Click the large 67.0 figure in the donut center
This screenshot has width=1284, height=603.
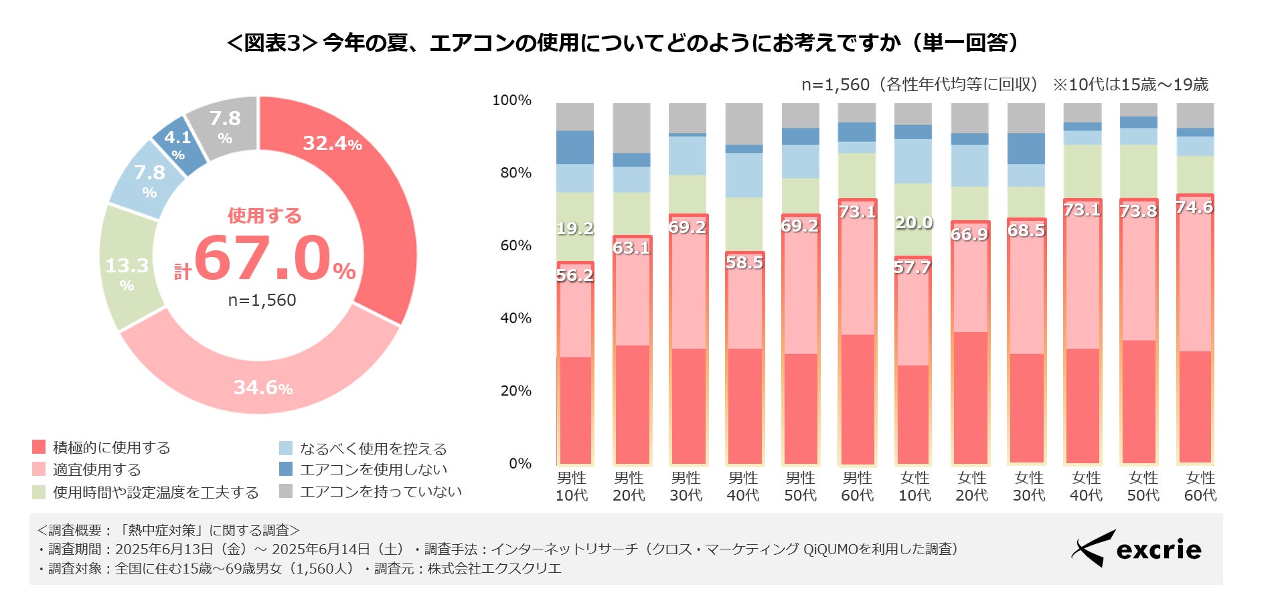262,258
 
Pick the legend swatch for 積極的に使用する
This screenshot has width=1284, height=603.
39,447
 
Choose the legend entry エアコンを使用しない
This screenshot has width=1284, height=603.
373,469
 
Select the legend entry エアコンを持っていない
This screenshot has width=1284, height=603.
380,492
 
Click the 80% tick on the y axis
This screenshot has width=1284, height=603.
515,173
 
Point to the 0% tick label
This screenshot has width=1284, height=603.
520,463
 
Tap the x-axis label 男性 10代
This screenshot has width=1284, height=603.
572,487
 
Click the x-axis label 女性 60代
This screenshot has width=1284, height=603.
1200,487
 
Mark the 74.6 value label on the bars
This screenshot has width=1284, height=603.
1195,207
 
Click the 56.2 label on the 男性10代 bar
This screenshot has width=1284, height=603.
575,275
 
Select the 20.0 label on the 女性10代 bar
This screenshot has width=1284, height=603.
914,222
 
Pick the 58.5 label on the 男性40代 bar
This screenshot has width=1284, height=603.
744,262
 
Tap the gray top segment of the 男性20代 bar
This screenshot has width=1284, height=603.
631,127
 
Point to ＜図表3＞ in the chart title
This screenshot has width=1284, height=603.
271,43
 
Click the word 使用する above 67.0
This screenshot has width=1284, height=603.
264,216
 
